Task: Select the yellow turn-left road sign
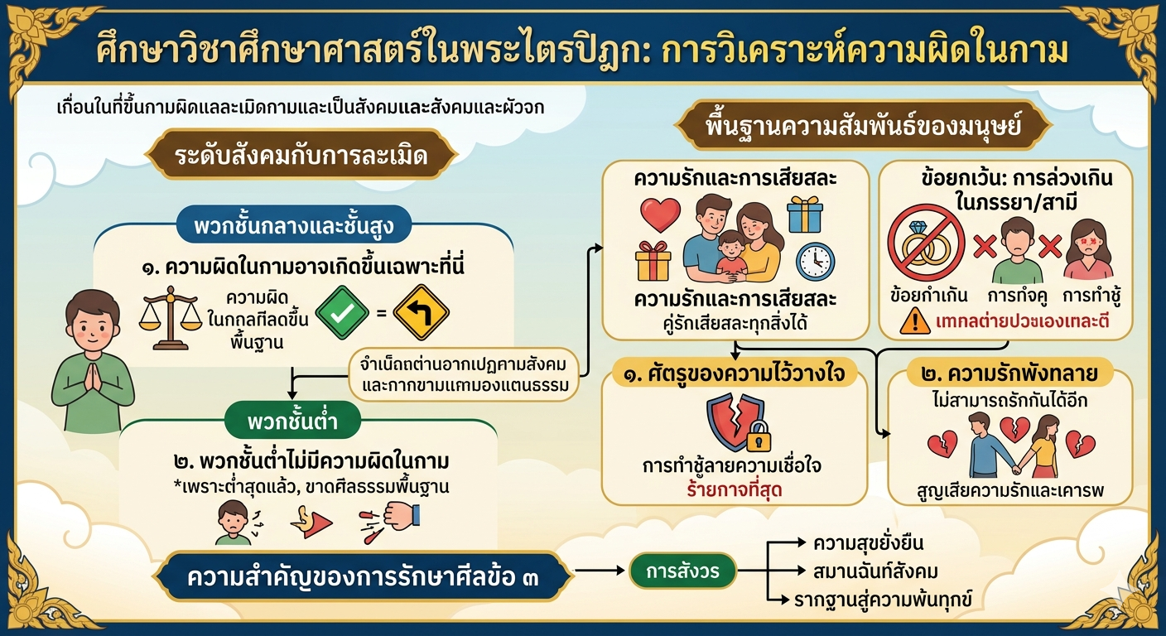tap(421, 313)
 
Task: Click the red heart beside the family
tap(660, 214)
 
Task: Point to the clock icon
tap(815, 261)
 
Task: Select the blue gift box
tap(804, 214)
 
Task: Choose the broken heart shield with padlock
tap(737, 423)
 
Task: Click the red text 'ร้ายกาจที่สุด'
tap(734, 490)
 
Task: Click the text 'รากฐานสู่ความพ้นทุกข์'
tap(883, 599)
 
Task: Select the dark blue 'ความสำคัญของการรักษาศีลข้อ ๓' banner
tap(363, 576)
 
